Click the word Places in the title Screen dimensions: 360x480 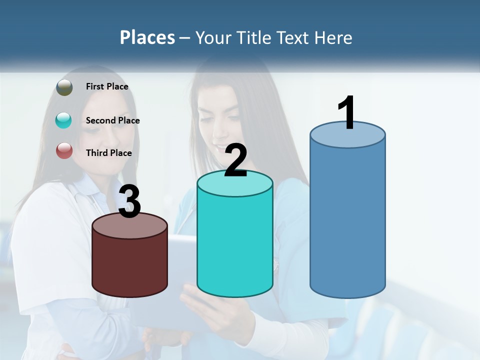[147, 37]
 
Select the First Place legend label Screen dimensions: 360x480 [107, 86]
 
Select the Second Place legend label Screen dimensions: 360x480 [112, 120]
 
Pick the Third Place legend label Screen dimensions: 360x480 [108, 153]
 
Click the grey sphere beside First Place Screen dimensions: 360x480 [64, 87]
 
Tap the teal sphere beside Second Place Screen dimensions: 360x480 [64, 120]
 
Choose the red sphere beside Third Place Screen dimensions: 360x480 [64, 150]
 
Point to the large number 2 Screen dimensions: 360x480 [235, 160]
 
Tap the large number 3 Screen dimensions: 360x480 [129, 202]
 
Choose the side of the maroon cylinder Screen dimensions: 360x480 [129, 267]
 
